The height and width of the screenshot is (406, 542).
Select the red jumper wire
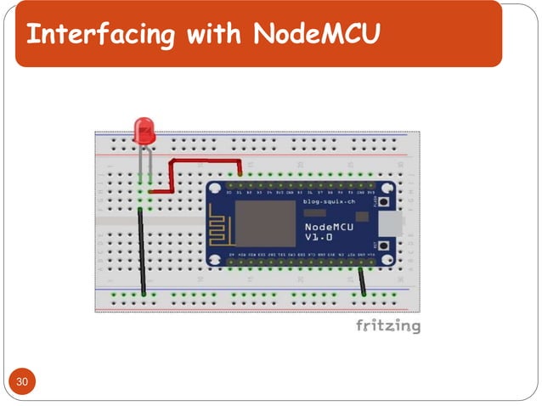click(204, 161)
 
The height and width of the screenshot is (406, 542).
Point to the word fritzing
click(387, 326)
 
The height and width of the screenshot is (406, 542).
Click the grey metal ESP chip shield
click(258, 228)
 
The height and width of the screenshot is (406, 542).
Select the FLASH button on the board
click(385, 205)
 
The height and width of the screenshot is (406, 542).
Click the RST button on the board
click(385, 248)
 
